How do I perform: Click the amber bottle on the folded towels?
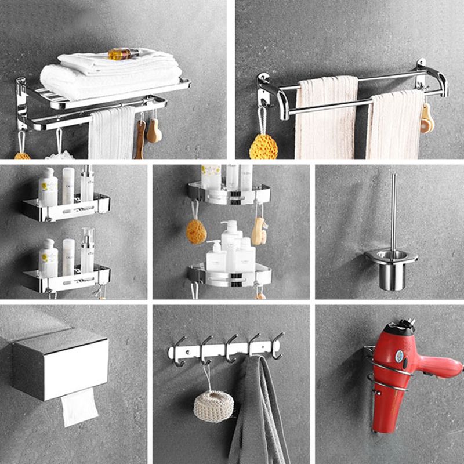click(123, 54)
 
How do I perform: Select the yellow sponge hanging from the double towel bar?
click(263, 146)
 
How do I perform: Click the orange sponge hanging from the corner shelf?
click(196, 231)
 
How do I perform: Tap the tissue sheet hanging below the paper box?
click(79, 407)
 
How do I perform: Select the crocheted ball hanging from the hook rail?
click(213, 405)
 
